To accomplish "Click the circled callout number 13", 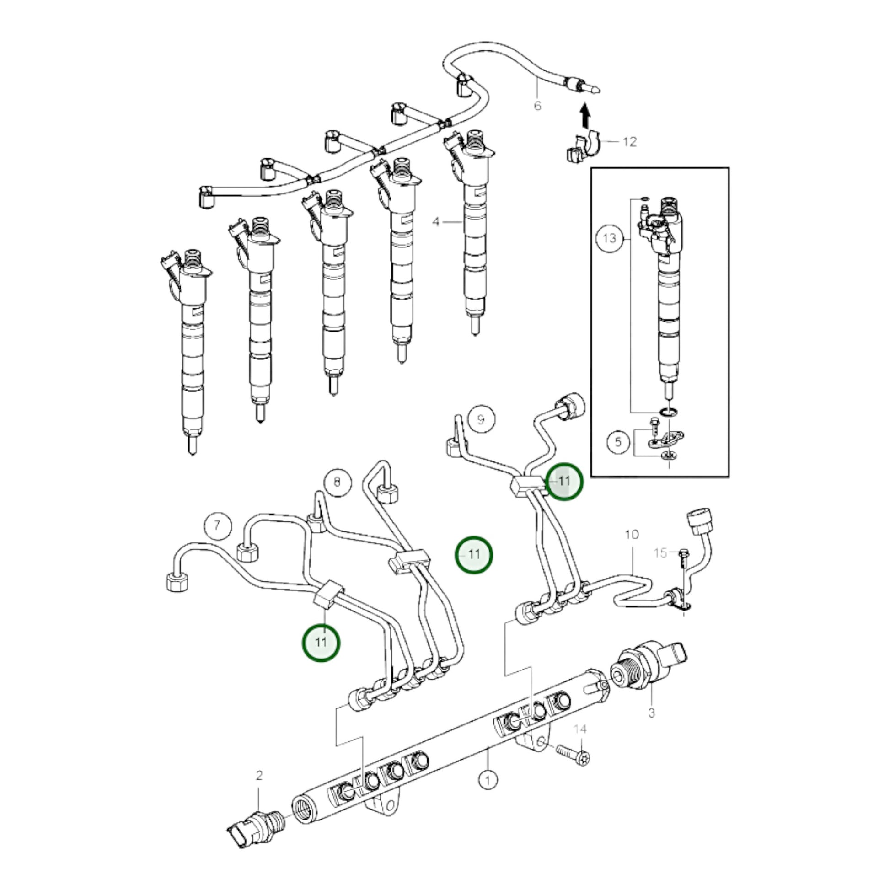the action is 609,238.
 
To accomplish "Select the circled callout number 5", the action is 618,442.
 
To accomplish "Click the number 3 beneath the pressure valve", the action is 651,713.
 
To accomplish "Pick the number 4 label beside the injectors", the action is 436,222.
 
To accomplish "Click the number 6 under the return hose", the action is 537,106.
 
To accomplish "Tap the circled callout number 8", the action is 337,482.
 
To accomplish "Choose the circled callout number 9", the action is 481,419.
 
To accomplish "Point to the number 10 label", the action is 632,534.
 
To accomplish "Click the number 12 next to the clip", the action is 629,141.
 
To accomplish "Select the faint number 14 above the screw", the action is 580,729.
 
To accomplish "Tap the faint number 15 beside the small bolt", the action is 660,553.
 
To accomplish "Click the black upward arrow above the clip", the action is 584,115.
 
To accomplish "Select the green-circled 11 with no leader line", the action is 474,555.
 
